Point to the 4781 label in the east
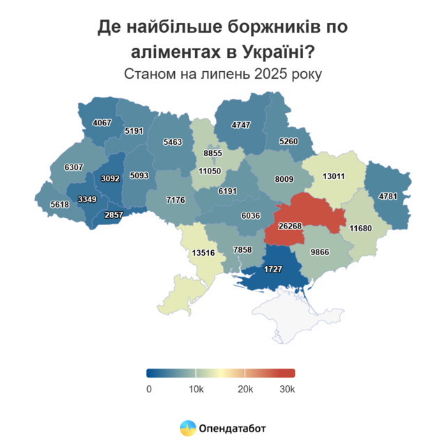(x=387, y=196)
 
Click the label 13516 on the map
(x=204, y=252)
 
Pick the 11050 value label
(x=209, y=171)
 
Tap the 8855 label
(x=213, y=153)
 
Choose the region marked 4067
(x=102, y=123)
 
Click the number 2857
(x=113, y=215)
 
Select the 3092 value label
(x=110, y=178)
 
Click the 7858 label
(x=242, y=249)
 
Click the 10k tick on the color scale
(x=196, y=389)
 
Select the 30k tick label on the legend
(x=287, y=389)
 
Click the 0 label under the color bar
(x=148, y=389)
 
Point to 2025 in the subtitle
(x=261, y=74)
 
